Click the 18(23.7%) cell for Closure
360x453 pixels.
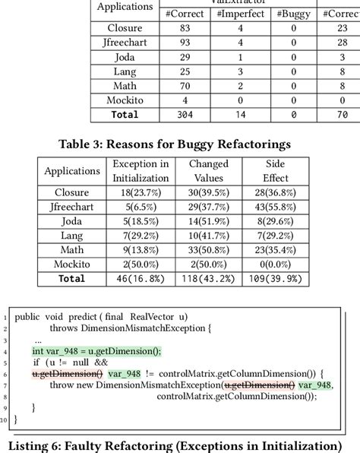tap(141, 193)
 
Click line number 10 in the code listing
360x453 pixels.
tap(6, 419)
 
